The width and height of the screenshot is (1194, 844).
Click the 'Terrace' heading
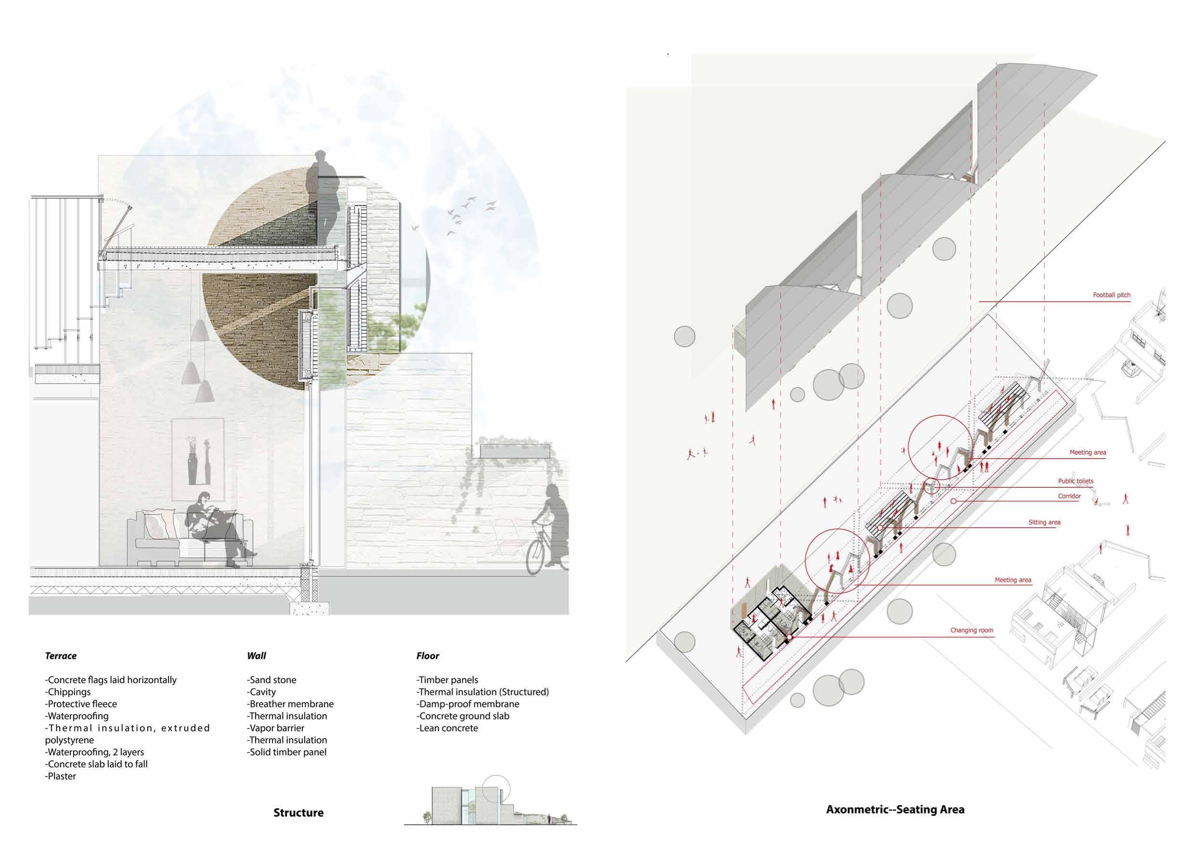61,656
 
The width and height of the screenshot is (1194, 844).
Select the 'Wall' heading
257,656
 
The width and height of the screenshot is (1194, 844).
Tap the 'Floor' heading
428,656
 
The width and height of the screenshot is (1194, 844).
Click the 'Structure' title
298,812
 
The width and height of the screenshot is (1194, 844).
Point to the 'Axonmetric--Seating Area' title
895,809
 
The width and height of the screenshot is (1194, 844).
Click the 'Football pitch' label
1111,295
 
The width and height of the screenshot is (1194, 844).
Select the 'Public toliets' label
1076,481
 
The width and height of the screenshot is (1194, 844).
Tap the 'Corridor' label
1069,496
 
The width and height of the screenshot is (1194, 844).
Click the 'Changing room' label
972,630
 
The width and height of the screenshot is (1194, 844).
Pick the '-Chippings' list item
68,692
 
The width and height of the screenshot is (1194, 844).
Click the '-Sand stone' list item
272,680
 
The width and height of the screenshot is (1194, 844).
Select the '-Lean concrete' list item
447,728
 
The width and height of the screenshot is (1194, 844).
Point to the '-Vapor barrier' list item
275,728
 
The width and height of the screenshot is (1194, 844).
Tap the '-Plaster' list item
61,776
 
